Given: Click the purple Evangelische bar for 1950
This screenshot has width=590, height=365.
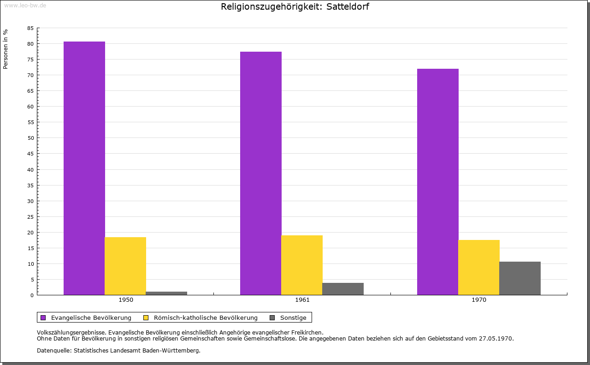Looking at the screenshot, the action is [x=84, y=168].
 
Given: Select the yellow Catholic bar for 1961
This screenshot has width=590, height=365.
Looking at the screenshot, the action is [x=302, y=265].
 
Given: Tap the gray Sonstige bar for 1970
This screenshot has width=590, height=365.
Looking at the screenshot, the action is [x=520, y=278].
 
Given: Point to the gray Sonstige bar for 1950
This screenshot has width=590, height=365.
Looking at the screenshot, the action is [x=166, y=293].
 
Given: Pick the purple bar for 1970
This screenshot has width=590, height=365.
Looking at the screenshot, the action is [x=438, y=182].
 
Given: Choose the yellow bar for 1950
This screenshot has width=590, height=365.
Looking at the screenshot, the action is [x=125, y=266].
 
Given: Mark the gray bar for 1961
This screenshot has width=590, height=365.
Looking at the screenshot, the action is [x=343, y=289].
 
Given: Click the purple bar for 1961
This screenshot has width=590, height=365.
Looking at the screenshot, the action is [x=261, y=173].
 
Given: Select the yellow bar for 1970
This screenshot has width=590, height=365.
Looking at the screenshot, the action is [x=479, y=268].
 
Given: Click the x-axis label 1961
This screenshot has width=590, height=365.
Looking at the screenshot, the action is [x=302, y=300].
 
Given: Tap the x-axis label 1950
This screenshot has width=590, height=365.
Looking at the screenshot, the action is [x=126, y=300].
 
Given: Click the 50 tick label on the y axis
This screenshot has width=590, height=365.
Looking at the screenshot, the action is [x=30, y=138].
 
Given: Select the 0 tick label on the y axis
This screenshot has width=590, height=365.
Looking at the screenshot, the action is [x=32, y=295].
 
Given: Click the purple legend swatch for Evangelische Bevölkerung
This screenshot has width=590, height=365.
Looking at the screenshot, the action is [x=43, y=318].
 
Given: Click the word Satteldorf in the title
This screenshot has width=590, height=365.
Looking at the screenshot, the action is [x=348, y=6].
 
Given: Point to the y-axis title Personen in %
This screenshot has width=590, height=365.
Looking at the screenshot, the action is [x=5, y=49].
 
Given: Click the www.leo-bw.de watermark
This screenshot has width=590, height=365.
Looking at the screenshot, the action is [x=25, y=5].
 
